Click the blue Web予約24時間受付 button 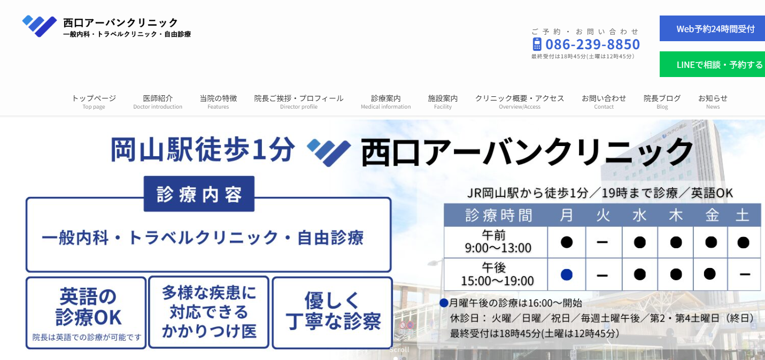point(713,29)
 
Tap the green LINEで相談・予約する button point(713,65)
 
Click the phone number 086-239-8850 point(592,44)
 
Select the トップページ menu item point(94,102)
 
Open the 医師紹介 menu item point(158,102)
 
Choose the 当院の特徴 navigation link point(218,102)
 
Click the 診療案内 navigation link point(386,102)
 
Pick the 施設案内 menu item point(443,102)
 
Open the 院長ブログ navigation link point(662,102)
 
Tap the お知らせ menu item point(713,102)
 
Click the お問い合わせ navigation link point(604,102)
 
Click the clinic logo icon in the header point(40,26)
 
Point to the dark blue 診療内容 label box point(199,194)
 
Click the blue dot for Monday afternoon point(567,274)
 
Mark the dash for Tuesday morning point(602,242)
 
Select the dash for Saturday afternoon point(745,274)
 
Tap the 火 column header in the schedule point(603,216)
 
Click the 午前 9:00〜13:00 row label point(498,242)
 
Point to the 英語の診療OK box point(86,313)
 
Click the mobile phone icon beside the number point(537,44)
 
